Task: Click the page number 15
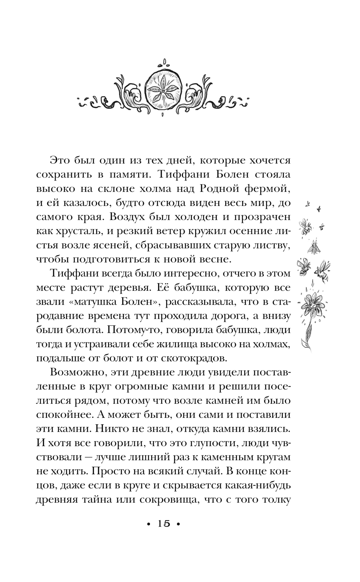point(163,524)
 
